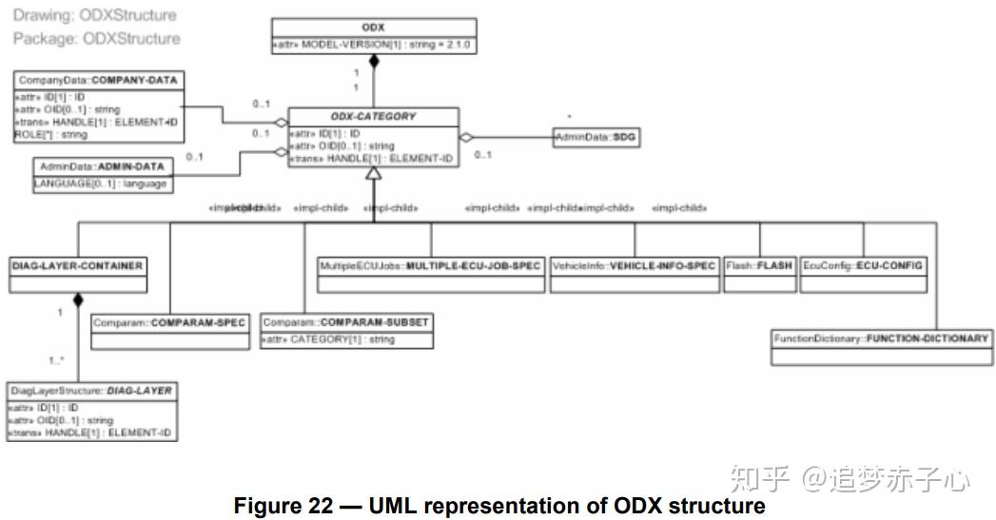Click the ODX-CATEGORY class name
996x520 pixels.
(373, 116)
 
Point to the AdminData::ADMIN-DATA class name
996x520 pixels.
(103, 165)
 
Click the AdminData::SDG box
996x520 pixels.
(596, 137)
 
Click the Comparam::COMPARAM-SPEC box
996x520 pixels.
(169, 323)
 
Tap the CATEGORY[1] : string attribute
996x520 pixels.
(328, 339)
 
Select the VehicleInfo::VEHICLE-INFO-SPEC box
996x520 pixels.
(634, 266)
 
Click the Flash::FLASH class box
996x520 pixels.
(759, 266)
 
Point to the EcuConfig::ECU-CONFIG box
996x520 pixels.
(863, 266)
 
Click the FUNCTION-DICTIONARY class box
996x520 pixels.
(882, 338)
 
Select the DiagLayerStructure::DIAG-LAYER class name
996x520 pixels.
(91, 391)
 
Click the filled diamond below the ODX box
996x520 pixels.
(374, 63)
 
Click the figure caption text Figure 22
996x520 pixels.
(499, 506)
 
